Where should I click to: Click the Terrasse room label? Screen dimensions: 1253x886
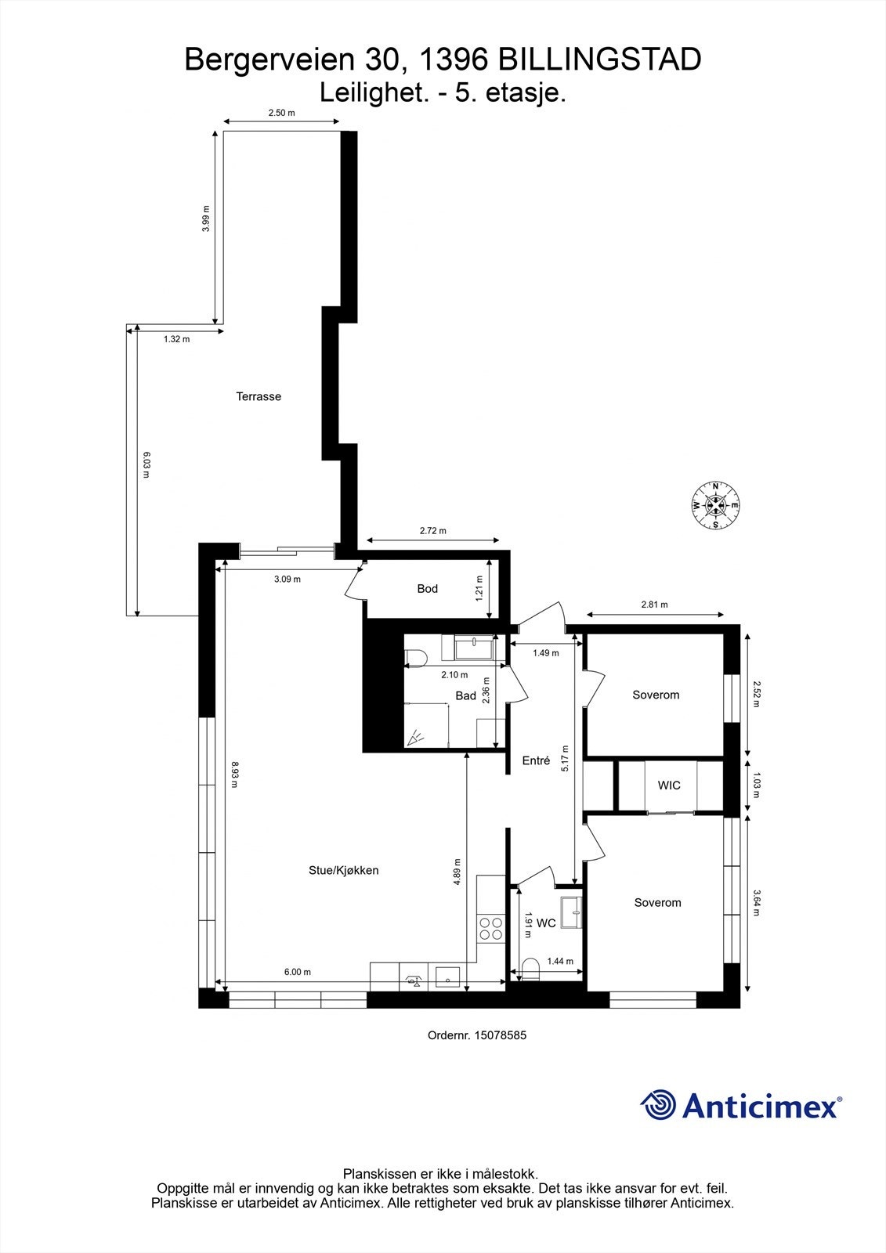click(259, 396)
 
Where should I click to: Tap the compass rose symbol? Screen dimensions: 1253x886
click(715, 505)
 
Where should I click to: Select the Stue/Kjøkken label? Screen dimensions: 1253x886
click(343, 870)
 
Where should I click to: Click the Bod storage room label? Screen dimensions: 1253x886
click(427, 588)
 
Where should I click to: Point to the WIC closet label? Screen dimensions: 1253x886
click(669, 785)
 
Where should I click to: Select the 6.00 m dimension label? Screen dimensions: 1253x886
click(298, 972)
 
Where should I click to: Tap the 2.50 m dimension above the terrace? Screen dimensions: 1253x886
click(281, 113)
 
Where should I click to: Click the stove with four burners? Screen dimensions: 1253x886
click(491, 928)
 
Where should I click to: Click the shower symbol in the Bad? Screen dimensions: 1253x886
click(414, 737)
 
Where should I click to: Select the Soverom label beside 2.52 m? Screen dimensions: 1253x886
click(656, 695)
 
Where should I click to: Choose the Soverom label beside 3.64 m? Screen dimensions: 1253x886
click(657, 902)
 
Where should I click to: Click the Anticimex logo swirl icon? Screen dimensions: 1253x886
click(658, 1105)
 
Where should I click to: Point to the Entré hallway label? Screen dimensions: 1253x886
click(536, 760)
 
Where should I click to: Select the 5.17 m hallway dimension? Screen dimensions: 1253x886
click(565, 758)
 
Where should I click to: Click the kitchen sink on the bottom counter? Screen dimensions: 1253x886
click(447, 978)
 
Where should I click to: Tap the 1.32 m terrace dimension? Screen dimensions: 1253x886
click(176, 339)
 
